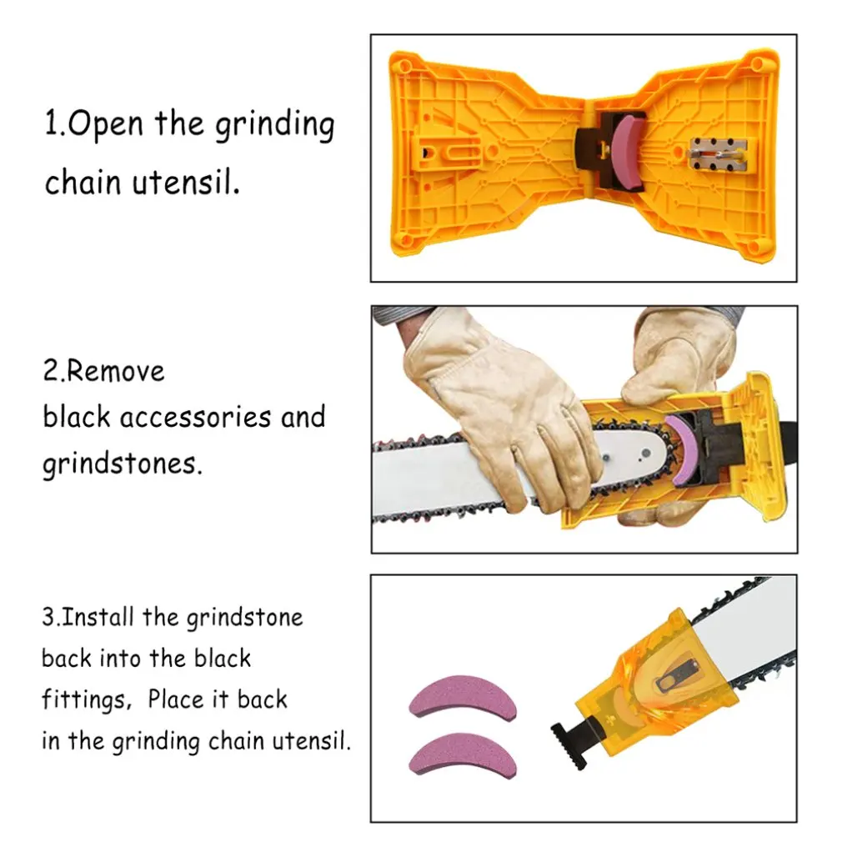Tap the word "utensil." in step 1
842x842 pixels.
click(187, 182)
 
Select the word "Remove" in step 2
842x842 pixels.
click(116, 372)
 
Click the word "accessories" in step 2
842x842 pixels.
click(195, 418)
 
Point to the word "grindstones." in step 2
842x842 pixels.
click(123, 464)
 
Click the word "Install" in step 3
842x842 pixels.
click(98, 618)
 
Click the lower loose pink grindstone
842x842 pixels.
click(463, 752)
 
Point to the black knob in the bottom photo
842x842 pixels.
click(569, 746)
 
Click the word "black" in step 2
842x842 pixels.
click(76, 417)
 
